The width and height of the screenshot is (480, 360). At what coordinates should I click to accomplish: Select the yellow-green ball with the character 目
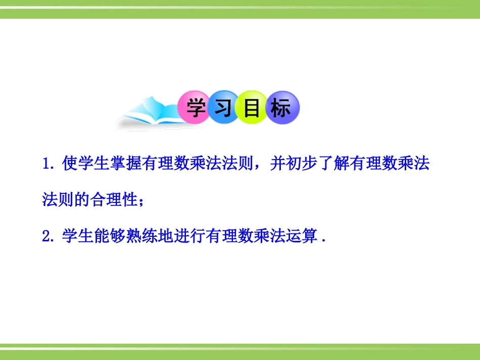[x=253, y=108]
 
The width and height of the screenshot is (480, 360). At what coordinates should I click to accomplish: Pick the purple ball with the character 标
[x=281, y=108]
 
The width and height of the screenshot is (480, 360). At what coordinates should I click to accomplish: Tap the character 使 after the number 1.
[x=70, y=164]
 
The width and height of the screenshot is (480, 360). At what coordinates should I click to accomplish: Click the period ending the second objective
[x=322, y=240]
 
